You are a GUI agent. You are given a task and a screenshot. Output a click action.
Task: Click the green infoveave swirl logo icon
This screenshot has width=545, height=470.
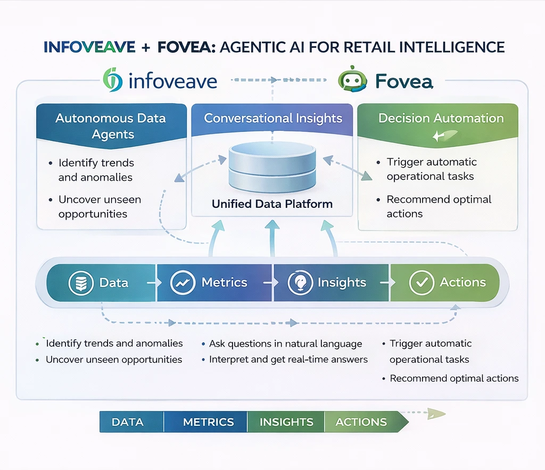(113, 80)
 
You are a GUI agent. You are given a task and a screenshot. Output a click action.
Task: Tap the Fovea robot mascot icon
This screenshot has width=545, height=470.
(352, 79)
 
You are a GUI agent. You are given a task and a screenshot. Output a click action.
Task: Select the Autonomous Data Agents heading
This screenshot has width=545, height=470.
(111, 126)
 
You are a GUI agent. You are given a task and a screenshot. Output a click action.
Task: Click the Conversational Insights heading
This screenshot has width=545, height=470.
(273, 118)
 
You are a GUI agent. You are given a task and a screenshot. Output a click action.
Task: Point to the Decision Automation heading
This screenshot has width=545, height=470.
(441, 118)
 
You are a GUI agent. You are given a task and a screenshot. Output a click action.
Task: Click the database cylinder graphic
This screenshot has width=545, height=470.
(272, 167)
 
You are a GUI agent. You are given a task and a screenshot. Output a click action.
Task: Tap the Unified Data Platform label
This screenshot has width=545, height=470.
(272, 204)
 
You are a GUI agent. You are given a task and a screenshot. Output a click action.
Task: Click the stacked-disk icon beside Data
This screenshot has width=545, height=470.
(81, 282)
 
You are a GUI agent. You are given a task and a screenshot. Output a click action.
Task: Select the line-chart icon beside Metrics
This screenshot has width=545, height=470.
(183, 282)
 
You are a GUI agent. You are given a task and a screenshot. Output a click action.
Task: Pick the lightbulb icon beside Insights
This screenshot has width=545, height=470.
(300, 282)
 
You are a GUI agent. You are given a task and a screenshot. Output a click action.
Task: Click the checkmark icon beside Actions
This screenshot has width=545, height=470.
(422, 282)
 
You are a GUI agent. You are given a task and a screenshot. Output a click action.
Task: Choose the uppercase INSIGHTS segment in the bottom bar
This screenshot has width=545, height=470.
(286, 422)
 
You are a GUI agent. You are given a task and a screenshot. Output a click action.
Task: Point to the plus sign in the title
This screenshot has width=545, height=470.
(146, 47)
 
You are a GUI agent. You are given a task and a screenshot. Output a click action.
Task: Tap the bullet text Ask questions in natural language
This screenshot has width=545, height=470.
(286, 343)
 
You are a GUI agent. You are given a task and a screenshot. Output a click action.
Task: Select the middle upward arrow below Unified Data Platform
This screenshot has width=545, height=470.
(272, 238)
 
